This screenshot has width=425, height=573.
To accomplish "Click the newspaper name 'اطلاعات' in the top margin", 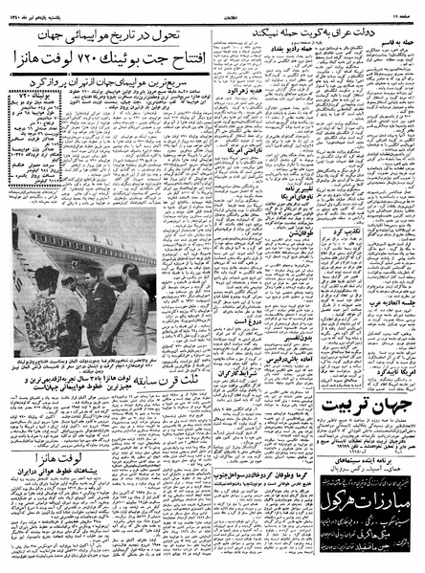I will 213,11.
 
